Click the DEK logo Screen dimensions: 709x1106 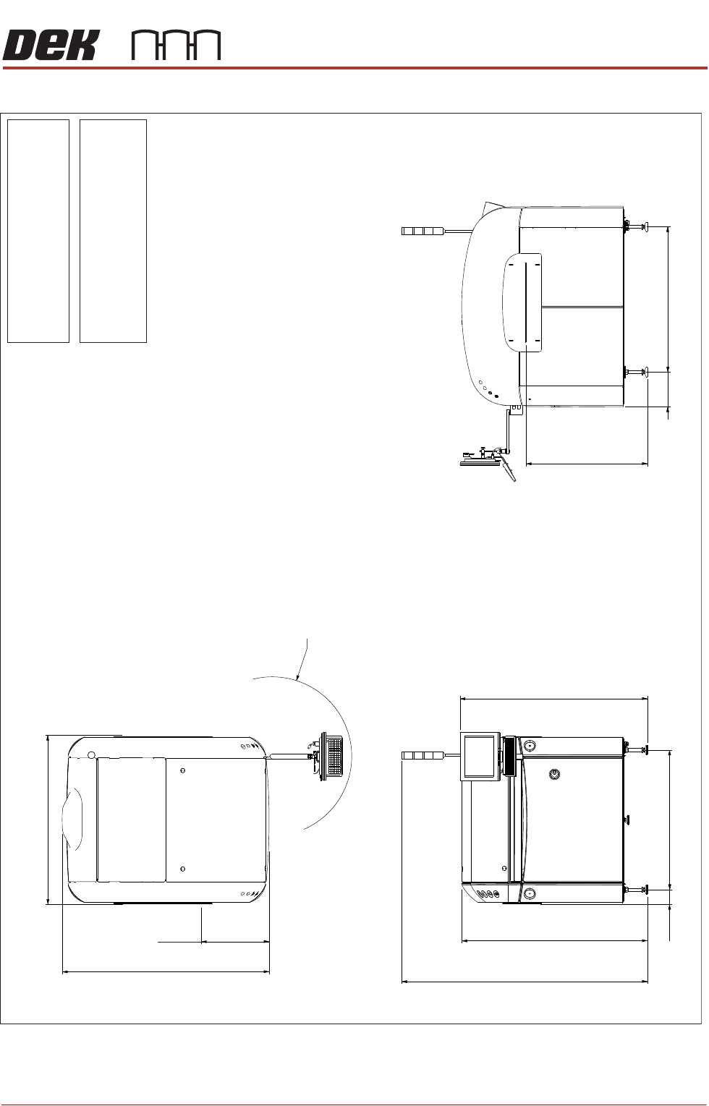pos(51,46)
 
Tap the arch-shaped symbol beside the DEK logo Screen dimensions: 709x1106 pos(177,46)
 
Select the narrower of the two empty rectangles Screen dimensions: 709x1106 pos(38,231)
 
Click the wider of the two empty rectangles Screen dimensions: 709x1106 pos(113,231)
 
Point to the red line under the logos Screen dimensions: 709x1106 pos(354,68)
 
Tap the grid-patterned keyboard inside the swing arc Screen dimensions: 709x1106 pos(334,755)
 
